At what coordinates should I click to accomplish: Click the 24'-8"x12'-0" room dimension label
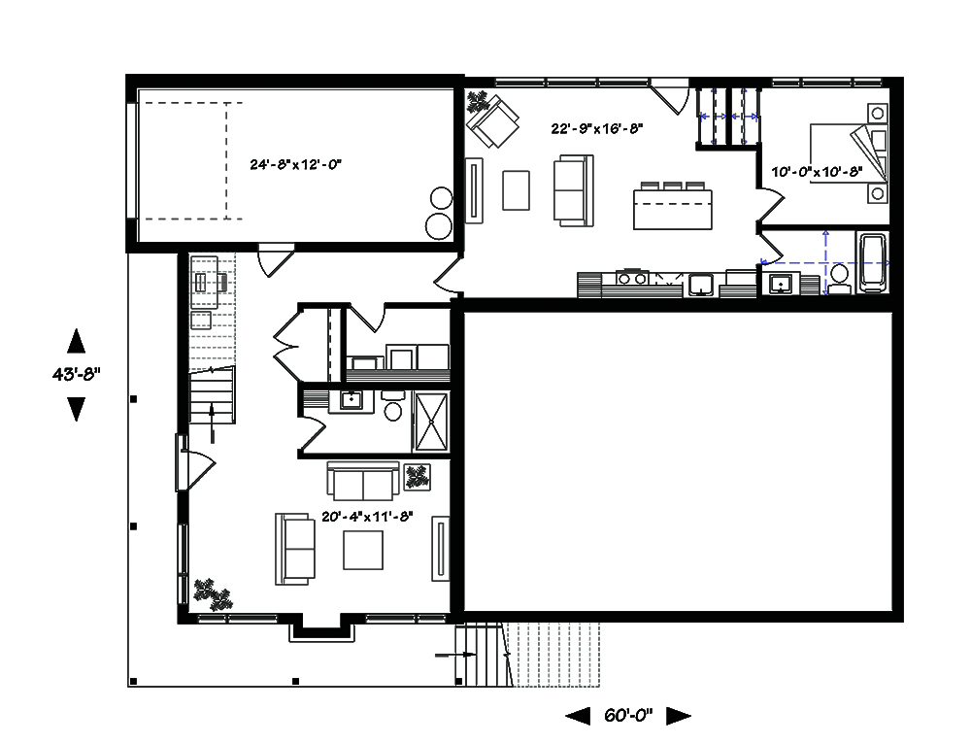(x=295, y=164)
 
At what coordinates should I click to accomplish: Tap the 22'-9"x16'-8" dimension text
(x=597, y=128)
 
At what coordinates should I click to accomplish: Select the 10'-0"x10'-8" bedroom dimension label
(x=817, y=172)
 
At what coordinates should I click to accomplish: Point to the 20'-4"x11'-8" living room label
(x=367, y=516)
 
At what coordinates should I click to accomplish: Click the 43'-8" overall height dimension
(x=76, y=374)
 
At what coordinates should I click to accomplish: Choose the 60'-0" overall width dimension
(x=628, y=716)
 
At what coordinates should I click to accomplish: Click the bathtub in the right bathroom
(x=872, y=262)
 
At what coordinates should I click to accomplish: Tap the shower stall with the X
(x=431, y=422)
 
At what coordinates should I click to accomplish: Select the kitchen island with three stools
(x=673, y=206)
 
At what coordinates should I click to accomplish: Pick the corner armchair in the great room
(x=493, y=121)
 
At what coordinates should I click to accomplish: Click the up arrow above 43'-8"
(x=76, y=340)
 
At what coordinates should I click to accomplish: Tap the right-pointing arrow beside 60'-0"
(x=679, y=716)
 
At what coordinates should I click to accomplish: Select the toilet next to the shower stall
(x=392, y=405)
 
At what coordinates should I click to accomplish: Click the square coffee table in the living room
(x=363, y=550)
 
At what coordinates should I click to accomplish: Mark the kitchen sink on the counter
(x=700, y=285)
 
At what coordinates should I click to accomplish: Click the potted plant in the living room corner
(x=213, y=594)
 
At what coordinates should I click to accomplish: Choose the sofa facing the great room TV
(x=574, y=190)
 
